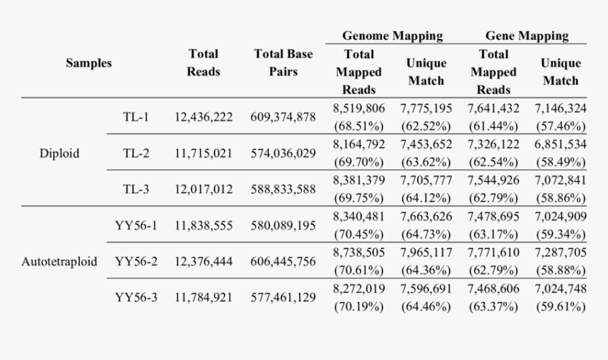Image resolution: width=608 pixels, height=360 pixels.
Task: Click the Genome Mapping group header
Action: (x=392, y=35)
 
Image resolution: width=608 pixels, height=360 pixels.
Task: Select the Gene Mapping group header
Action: (x=526, y=35)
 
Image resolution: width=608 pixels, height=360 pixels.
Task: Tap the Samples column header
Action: (x=89, y=63)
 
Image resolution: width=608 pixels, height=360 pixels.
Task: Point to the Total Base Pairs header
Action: (x=283, y=63)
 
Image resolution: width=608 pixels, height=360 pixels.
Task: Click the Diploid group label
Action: (x=59, y=153)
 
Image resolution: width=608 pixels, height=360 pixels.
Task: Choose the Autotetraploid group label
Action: (x=59, y=261)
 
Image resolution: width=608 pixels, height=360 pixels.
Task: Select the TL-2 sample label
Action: (x=136, y=153)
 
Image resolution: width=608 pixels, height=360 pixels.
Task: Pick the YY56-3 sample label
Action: (x=136, y=297)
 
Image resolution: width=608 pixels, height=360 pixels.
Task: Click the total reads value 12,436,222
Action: (x=204, y=117)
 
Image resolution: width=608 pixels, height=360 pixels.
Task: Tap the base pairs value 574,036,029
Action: (x=283, y=153)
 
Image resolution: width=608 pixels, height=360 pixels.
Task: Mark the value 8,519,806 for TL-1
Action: (x=359, y=108)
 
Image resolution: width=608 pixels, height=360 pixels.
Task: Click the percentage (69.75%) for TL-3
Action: (x=359, y=199)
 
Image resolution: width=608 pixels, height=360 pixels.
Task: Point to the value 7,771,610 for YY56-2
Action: (x=493, y=252)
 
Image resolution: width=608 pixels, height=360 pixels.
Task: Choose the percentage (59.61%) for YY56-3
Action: (x=561, y=306)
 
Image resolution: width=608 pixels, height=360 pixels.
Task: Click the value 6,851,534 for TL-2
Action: (x=561, y=144)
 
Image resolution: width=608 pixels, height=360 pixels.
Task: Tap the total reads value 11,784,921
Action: (x=204, y=297)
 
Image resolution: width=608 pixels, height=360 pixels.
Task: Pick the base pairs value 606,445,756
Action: (x=283, y=261)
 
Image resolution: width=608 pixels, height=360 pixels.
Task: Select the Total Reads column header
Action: (x=204, y=63)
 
